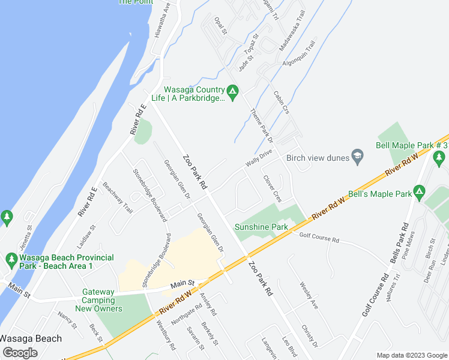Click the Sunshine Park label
click(261, 227)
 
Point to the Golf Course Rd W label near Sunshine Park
click(319, 238)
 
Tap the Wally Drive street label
click(259, 159)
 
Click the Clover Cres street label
click(272, 188)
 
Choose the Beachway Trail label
click(118, 197)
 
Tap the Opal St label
click(220, 25)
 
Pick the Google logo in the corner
click(20, 352)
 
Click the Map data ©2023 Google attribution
click(411, 355)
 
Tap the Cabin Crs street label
click(282, 102)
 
